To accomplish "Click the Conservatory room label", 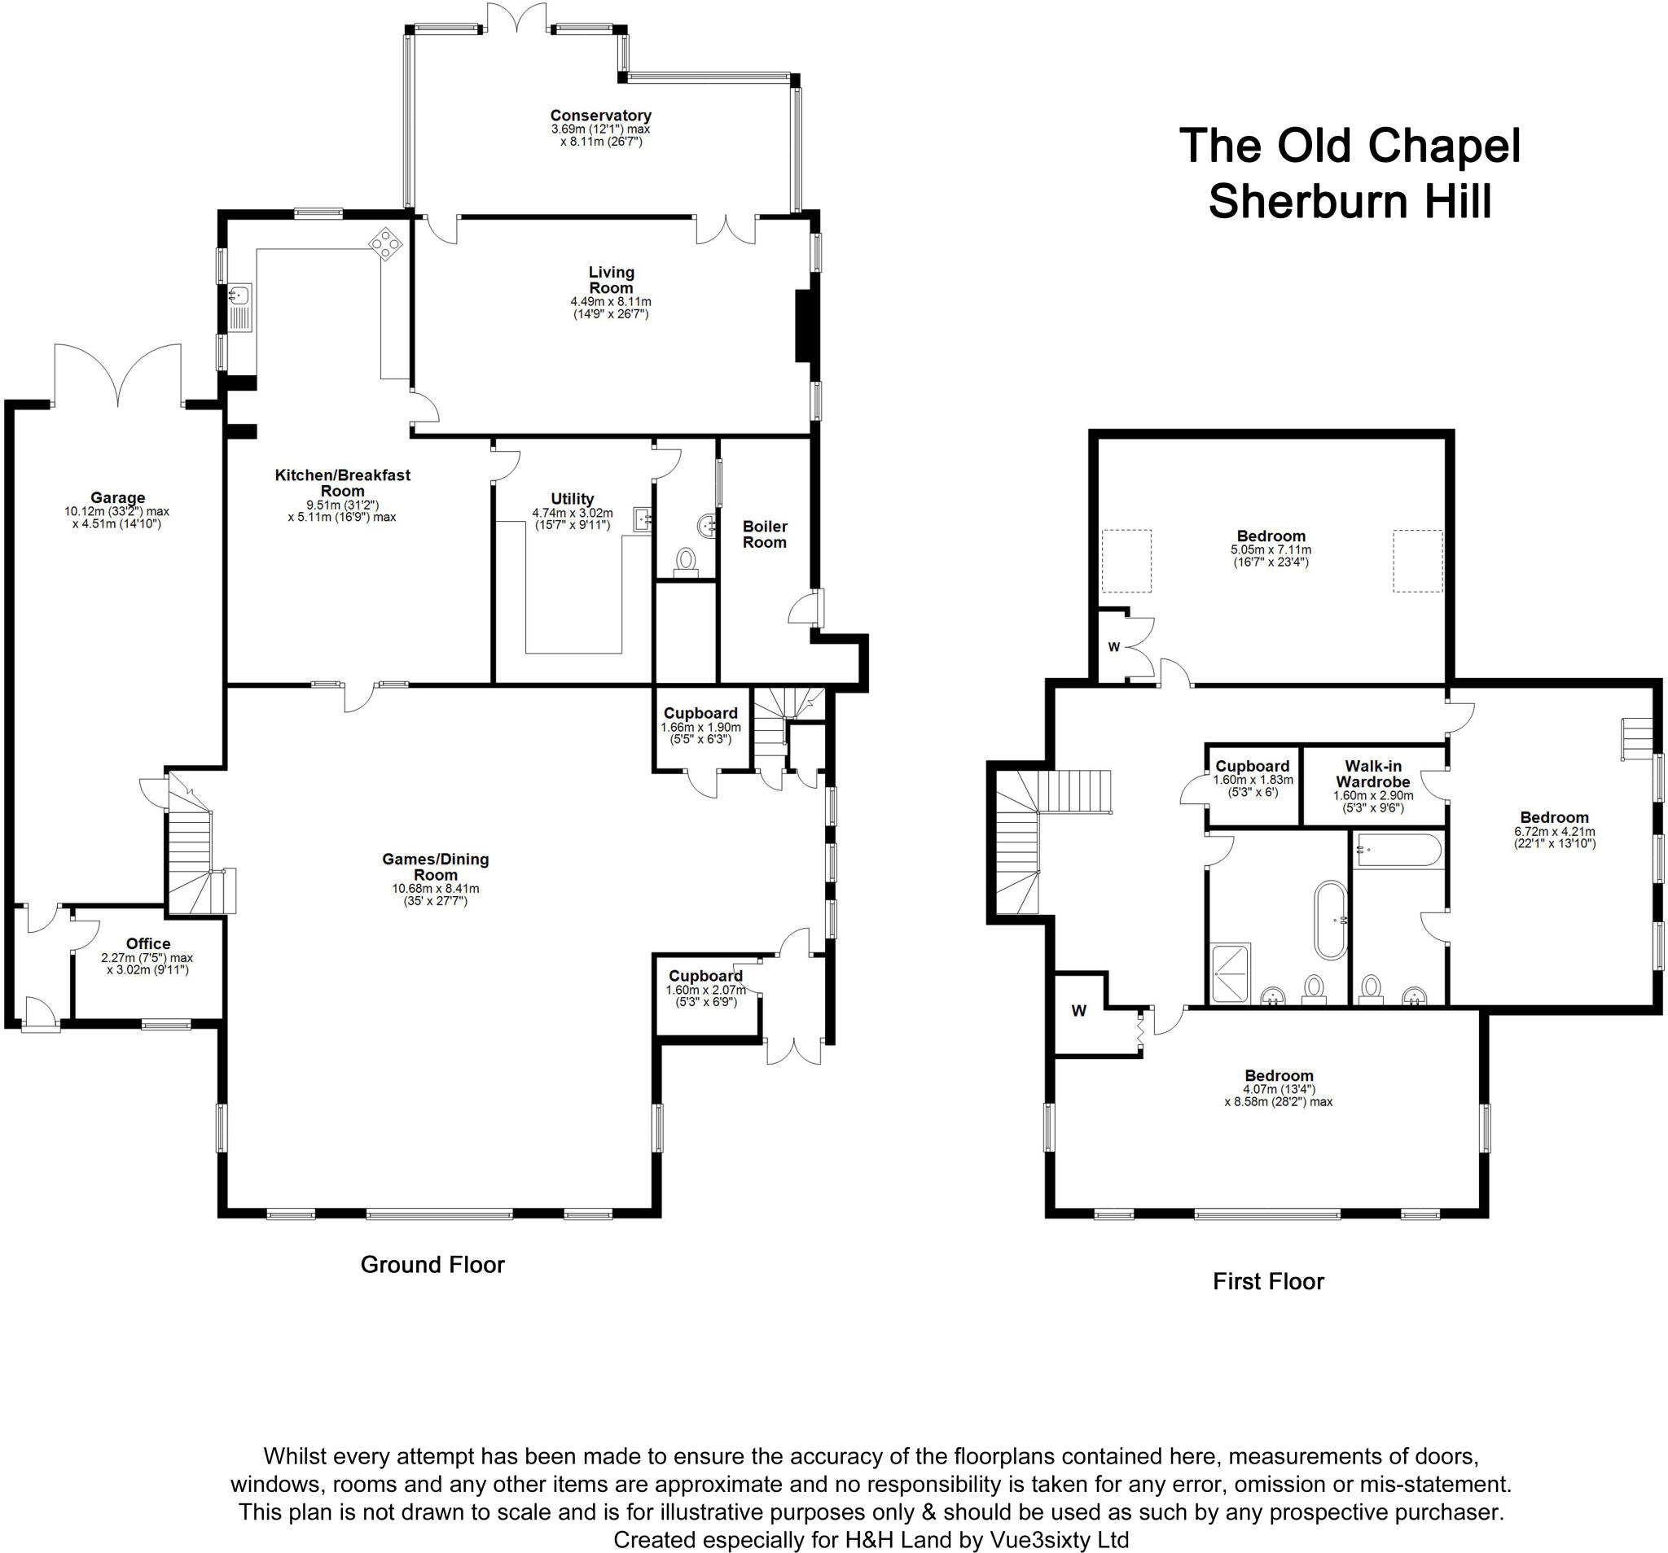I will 600,116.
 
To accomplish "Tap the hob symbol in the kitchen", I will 385,244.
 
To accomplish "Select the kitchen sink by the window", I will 240,295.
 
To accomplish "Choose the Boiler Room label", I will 764,534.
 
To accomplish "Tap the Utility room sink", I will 643,520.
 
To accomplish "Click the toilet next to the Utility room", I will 687,560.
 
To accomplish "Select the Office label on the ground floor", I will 147,943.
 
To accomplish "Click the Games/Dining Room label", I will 435,866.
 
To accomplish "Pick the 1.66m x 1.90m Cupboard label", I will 700,714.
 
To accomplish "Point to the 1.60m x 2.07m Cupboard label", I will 705,976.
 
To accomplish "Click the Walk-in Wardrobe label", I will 1372,773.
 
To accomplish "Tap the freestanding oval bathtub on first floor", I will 1330,919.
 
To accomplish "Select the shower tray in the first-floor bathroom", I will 1230,973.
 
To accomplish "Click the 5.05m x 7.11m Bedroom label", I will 1271,536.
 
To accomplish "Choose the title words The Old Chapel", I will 1350,146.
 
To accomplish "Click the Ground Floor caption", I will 432,1265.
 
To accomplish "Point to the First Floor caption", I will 1268,1281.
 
